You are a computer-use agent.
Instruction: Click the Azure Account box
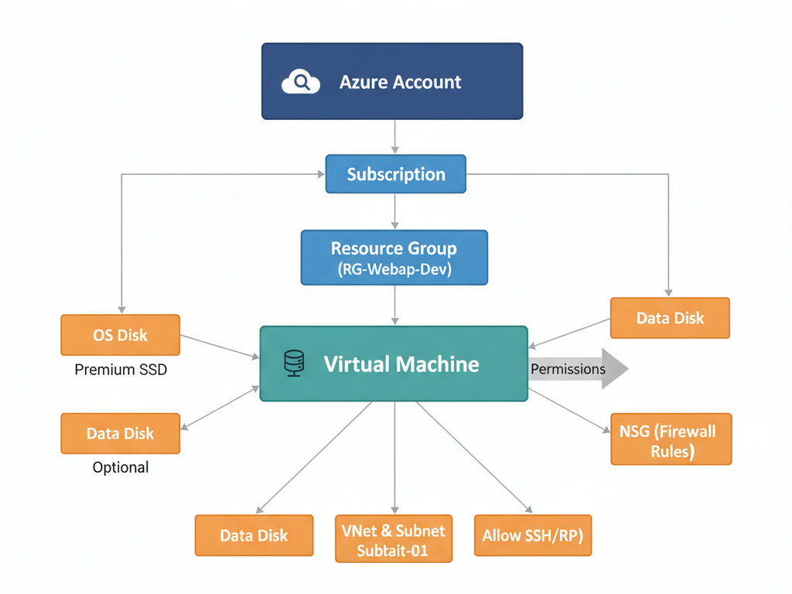click(392, 81)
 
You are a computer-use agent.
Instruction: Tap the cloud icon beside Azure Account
click(300, 81)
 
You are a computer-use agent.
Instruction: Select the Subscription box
click(395, 174)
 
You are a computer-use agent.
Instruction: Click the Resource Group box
click(394, 258)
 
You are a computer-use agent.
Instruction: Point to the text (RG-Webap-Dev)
click(394, 270)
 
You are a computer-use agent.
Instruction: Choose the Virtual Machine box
click(394, 364)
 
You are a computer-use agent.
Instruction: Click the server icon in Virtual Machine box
click(294, 364)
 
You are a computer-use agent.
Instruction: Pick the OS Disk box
click(120, 335)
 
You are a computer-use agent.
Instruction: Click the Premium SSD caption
click(121, 370)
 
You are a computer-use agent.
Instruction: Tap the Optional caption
click(121, 467)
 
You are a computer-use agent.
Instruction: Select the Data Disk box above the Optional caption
click(120, 433)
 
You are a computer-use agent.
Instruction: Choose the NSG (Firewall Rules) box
click(671, 439)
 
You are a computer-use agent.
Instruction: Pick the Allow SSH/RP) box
click(532, 535)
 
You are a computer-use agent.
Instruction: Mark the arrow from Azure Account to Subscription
click(395, 137)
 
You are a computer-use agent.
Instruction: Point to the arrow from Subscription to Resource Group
click(395, 211)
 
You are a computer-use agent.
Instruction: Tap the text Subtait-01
click(394, 551)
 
